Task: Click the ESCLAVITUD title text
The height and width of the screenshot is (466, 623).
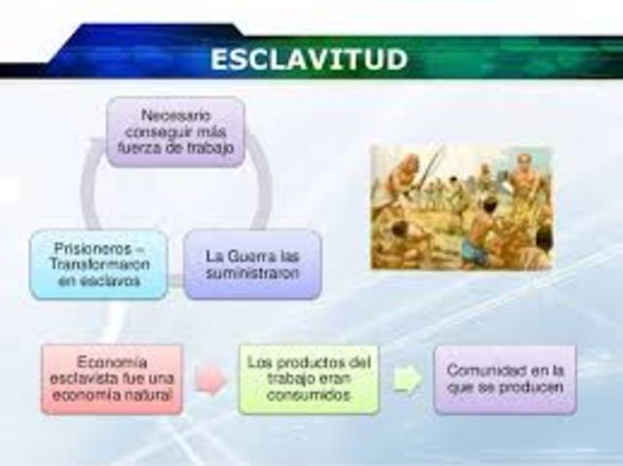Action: click(309, 58)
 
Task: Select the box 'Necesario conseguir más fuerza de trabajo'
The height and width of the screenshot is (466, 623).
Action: click(174, 132)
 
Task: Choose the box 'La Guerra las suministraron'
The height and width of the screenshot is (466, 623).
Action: click(252, 264)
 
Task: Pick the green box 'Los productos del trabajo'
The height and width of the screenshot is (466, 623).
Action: click(309, 378)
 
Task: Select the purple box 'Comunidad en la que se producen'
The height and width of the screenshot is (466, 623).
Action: click(503, 378)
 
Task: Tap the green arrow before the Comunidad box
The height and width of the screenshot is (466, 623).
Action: click(408, 379)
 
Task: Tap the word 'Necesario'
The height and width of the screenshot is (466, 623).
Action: click(174, 115)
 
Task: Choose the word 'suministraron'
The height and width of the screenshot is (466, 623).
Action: click(252, 272)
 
